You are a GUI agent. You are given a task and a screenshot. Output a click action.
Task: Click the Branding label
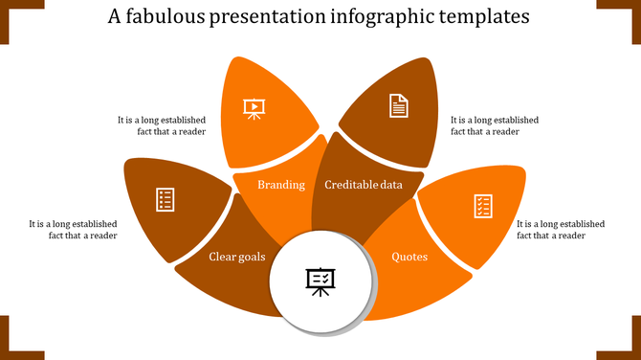tap(281, 185)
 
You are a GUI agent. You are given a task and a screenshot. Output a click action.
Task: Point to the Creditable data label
tap(364, 185)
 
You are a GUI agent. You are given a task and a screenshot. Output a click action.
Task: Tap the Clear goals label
tap(238, 257)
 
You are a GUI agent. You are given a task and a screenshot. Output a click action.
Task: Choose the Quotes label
tap(409, 257)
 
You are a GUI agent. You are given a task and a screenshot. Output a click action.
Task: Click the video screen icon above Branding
tap(254, 107)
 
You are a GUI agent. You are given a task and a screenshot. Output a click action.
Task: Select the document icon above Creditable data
tap(398, 105)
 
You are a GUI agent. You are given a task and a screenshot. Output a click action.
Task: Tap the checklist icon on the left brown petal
tap(166, 200)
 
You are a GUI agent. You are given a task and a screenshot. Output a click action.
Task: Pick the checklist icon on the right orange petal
tap(483, 205)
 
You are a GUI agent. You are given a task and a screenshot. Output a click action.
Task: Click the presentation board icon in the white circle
tap(320, 281)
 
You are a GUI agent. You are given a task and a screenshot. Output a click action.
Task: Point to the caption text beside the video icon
tap(162, 126)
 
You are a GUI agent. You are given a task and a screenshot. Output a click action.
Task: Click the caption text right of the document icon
tap(495, 126)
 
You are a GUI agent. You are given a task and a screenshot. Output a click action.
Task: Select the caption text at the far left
tap(74, 230)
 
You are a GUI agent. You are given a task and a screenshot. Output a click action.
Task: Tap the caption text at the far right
tap(561, 230)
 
